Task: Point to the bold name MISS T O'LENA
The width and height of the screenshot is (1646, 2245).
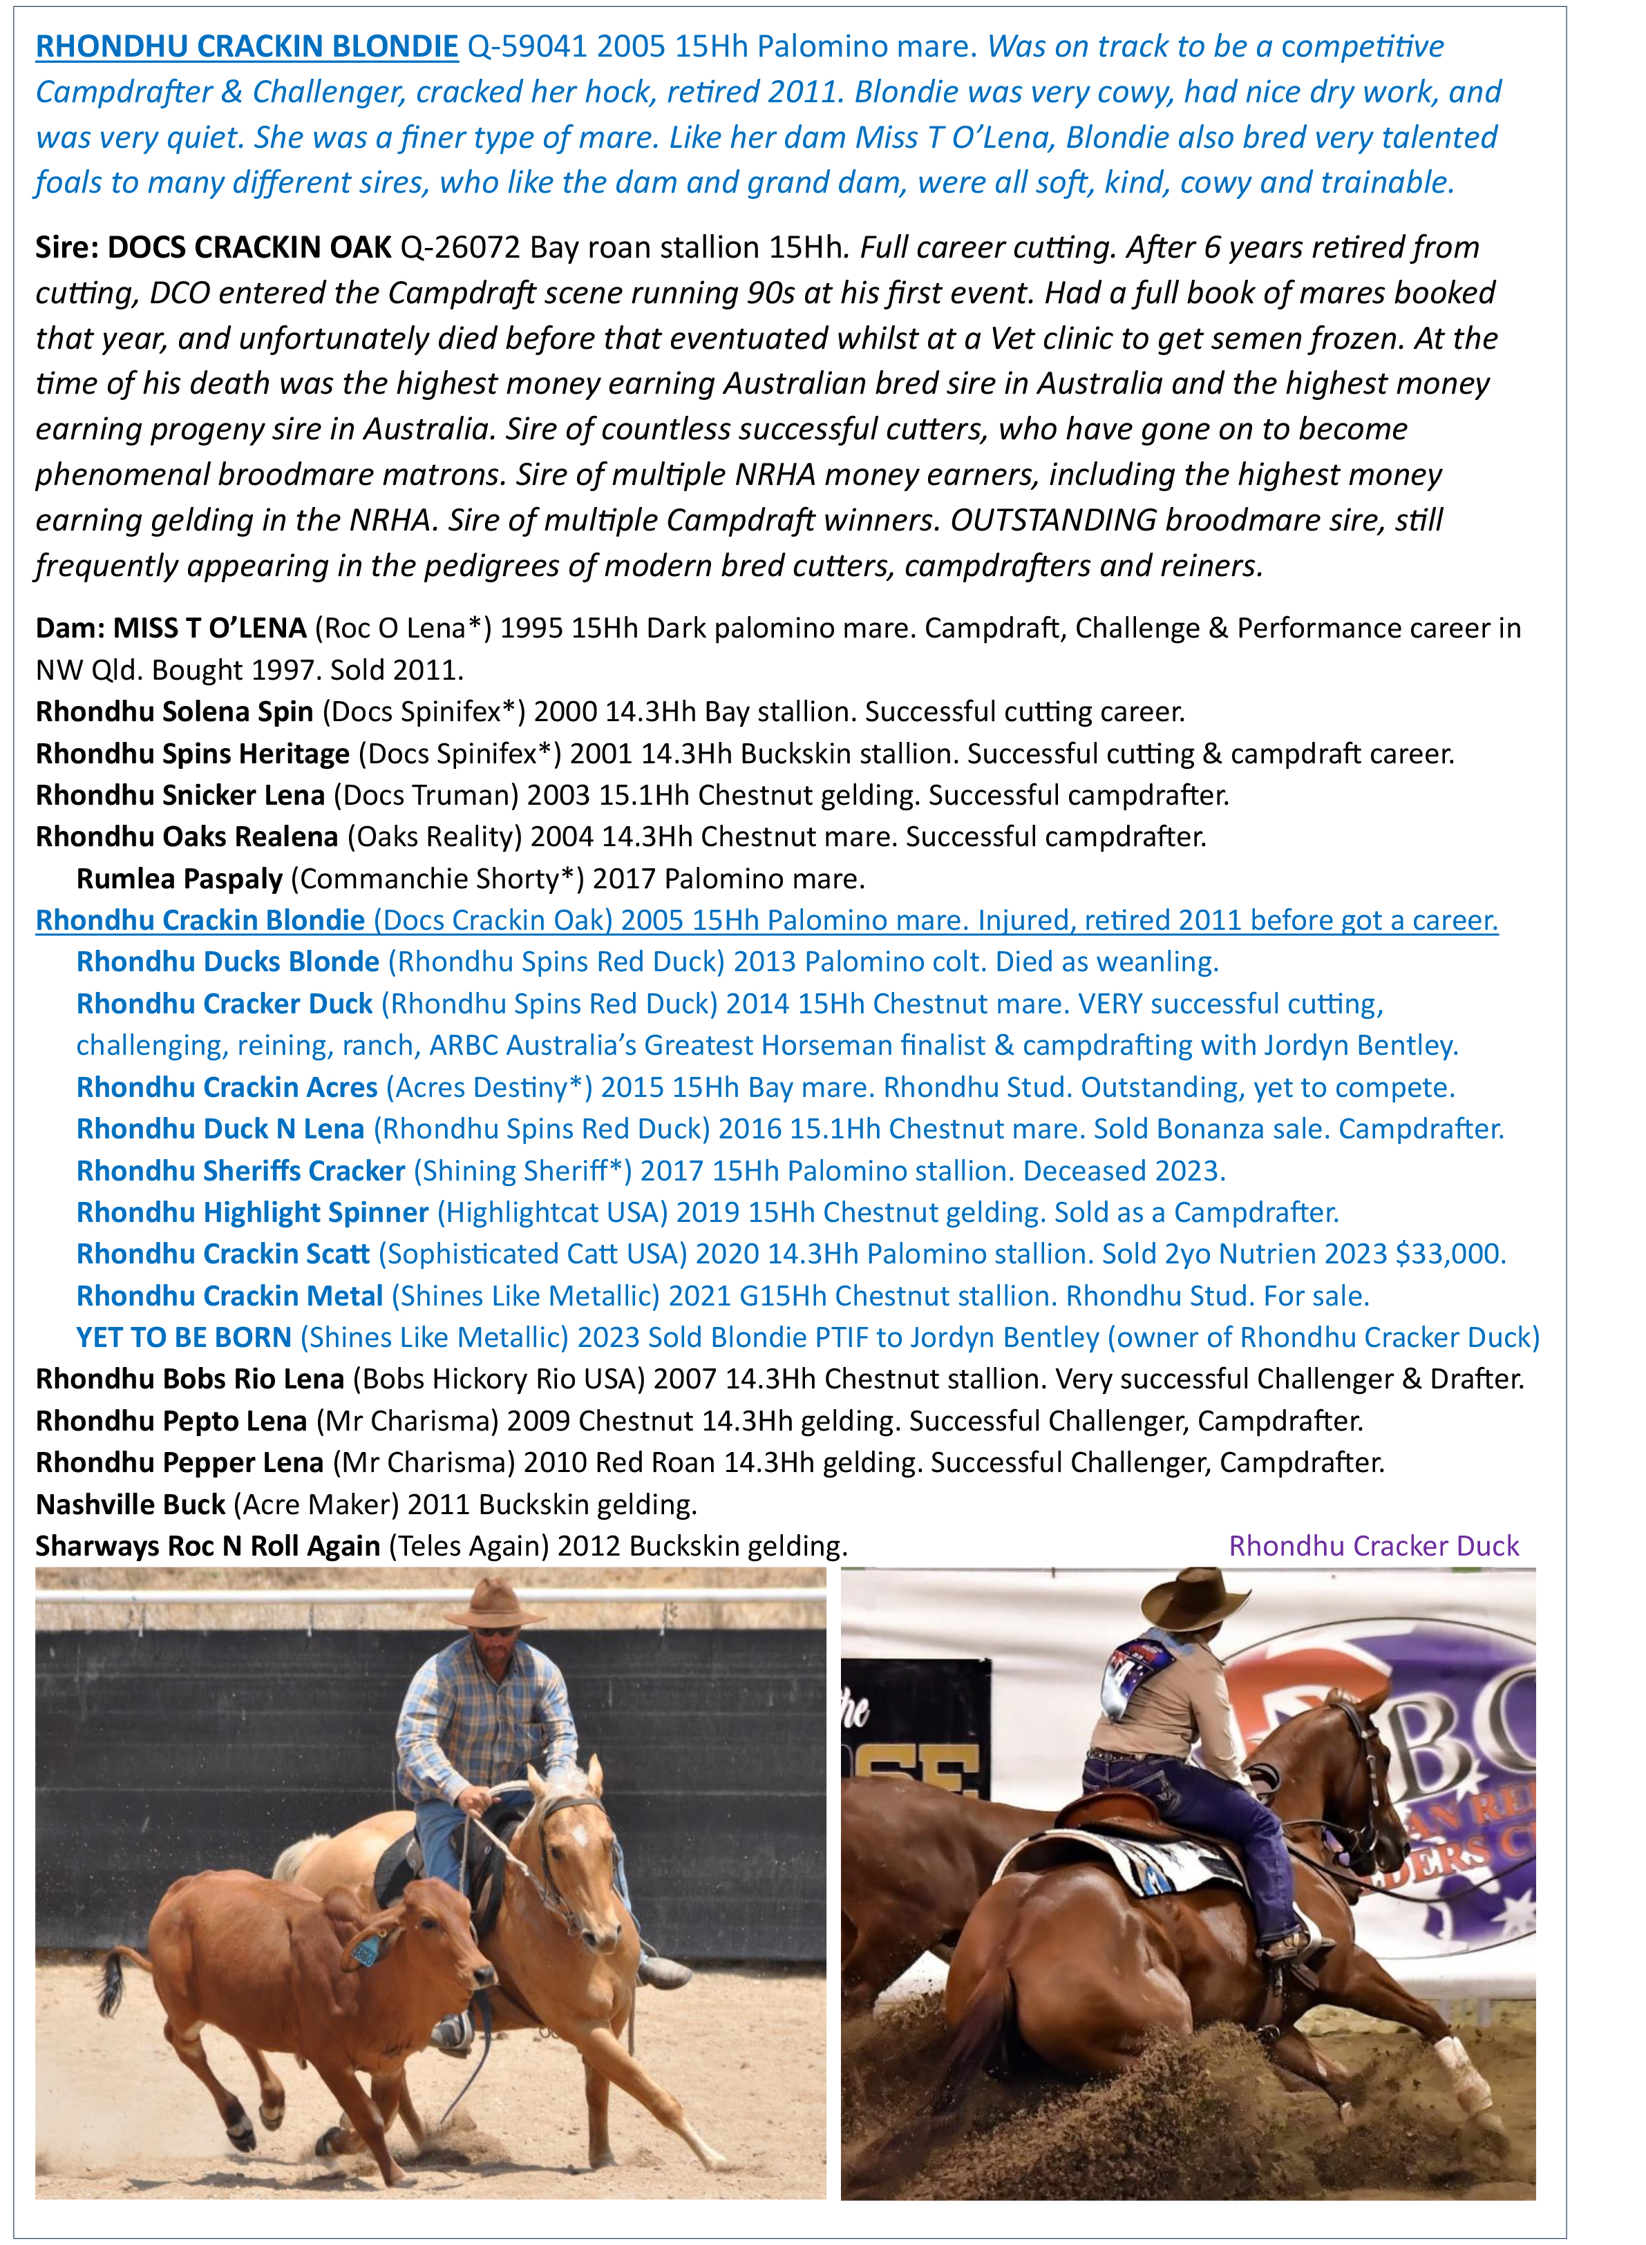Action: (x=209, y=629)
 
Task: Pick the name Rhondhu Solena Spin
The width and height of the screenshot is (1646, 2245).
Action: (x=174, y=711)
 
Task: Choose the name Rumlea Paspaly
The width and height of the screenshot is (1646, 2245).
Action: (x=180, y=879)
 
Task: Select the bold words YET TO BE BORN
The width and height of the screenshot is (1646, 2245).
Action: (x=183, y=1337)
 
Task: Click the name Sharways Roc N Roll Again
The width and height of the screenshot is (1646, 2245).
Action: (x=207, y=1546)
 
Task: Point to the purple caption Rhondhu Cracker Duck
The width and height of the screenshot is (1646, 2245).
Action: (x=1373, y=1546)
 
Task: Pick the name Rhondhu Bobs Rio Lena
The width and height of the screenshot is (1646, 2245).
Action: (x=189, y=1379)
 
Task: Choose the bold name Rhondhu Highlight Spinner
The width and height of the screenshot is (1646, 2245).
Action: (x=252, y=1212)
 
